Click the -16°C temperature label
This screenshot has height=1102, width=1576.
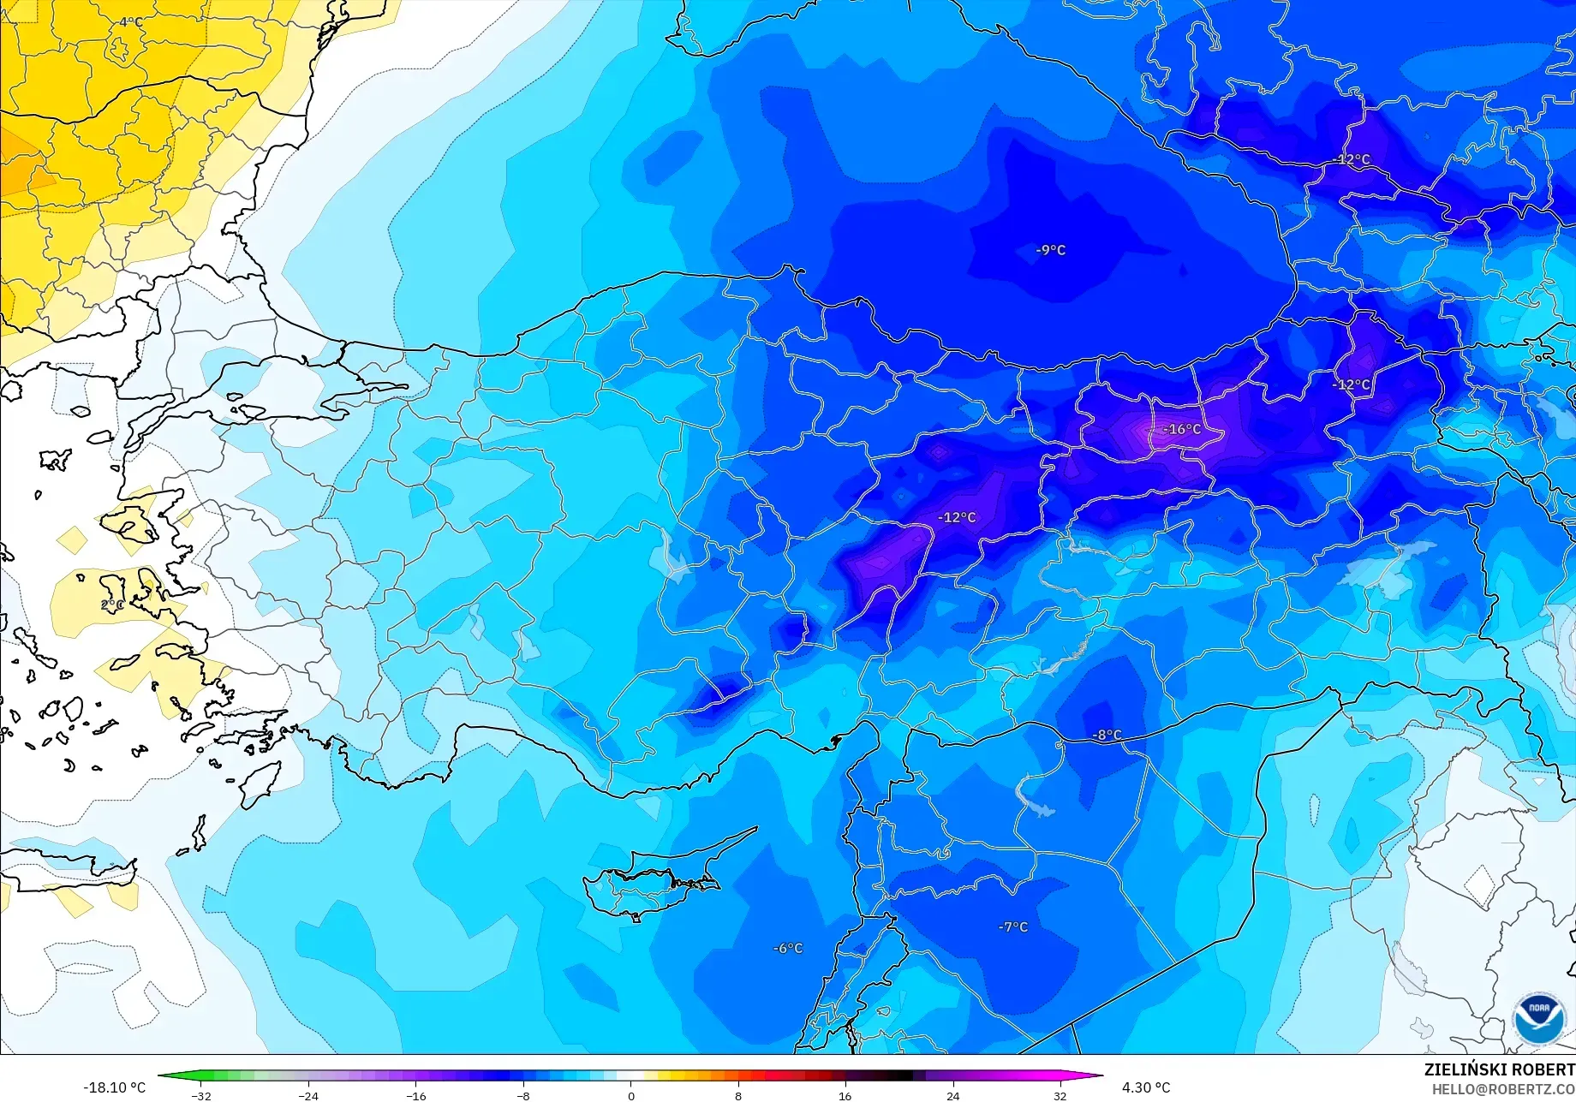point(1183,429)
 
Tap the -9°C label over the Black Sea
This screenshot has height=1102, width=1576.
point(1051,250)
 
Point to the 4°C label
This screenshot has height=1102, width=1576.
point(130,21)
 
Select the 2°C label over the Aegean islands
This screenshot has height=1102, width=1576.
point(112,605)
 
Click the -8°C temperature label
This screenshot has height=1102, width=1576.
point(1107,735)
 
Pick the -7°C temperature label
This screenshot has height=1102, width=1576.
point(1012,926)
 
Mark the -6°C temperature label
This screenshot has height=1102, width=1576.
point(788,948)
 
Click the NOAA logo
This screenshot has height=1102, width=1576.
point(1538,1016)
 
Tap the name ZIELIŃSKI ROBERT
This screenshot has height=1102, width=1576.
point(1499,1069)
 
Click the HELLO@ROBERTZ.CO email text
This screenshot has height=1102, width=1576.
point(1503,1089)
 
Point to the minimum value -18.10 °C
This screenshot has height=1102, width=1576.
point(114,1087)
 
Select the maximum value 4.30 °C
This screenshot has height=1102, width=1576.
point(1146,1087)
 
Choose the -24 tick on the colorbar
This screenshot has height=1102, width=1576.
point(308,1095)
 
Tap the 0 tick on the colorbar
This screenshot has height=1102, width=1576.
point(631,1095)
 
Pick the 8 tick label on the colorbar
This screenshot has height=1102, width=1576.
point(738,1095)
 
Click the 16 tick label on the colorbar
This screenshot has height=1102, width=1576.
point(845,1095)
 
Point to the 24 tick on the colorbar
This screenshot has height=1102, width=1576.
point(952,1095)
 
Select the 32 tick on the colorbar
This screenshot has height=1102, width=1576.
point(1060,1095)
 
